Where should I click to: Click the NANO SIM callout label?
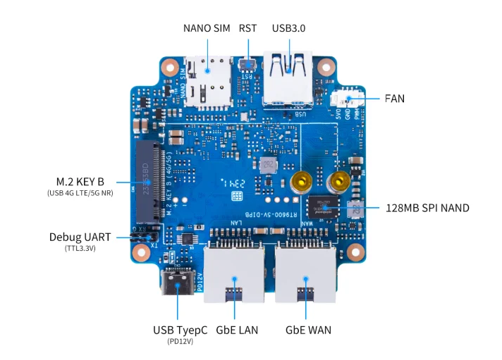[x=207, y=29]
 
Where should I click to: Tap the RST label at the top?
[x=247, y=29]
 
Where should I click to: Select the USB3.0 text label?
[x=288, y=29]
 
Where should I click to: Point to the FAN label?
[x=394, y=99]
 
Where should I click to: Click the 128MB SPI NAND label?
[x=427, y=208]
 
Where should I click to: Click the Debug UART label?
[x=80, y=237]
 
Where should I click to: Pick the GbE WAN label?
[x=308, y=330]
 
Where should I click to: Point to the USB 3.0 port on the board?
[x=288, y=79]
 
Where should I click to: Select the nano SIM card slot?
[x=207, y=81]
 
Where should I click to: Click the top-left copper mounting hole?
[x=169, y=68]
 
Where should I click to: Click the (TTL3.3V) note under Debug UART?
[x=80, y=249]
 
